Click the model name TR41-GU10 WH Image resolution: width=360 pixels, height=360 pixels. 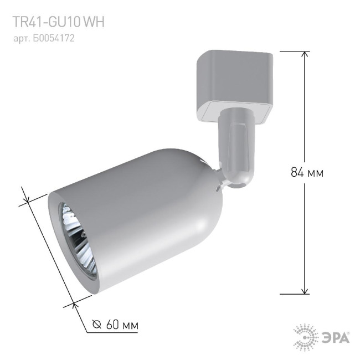click(x=58, y=22)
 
